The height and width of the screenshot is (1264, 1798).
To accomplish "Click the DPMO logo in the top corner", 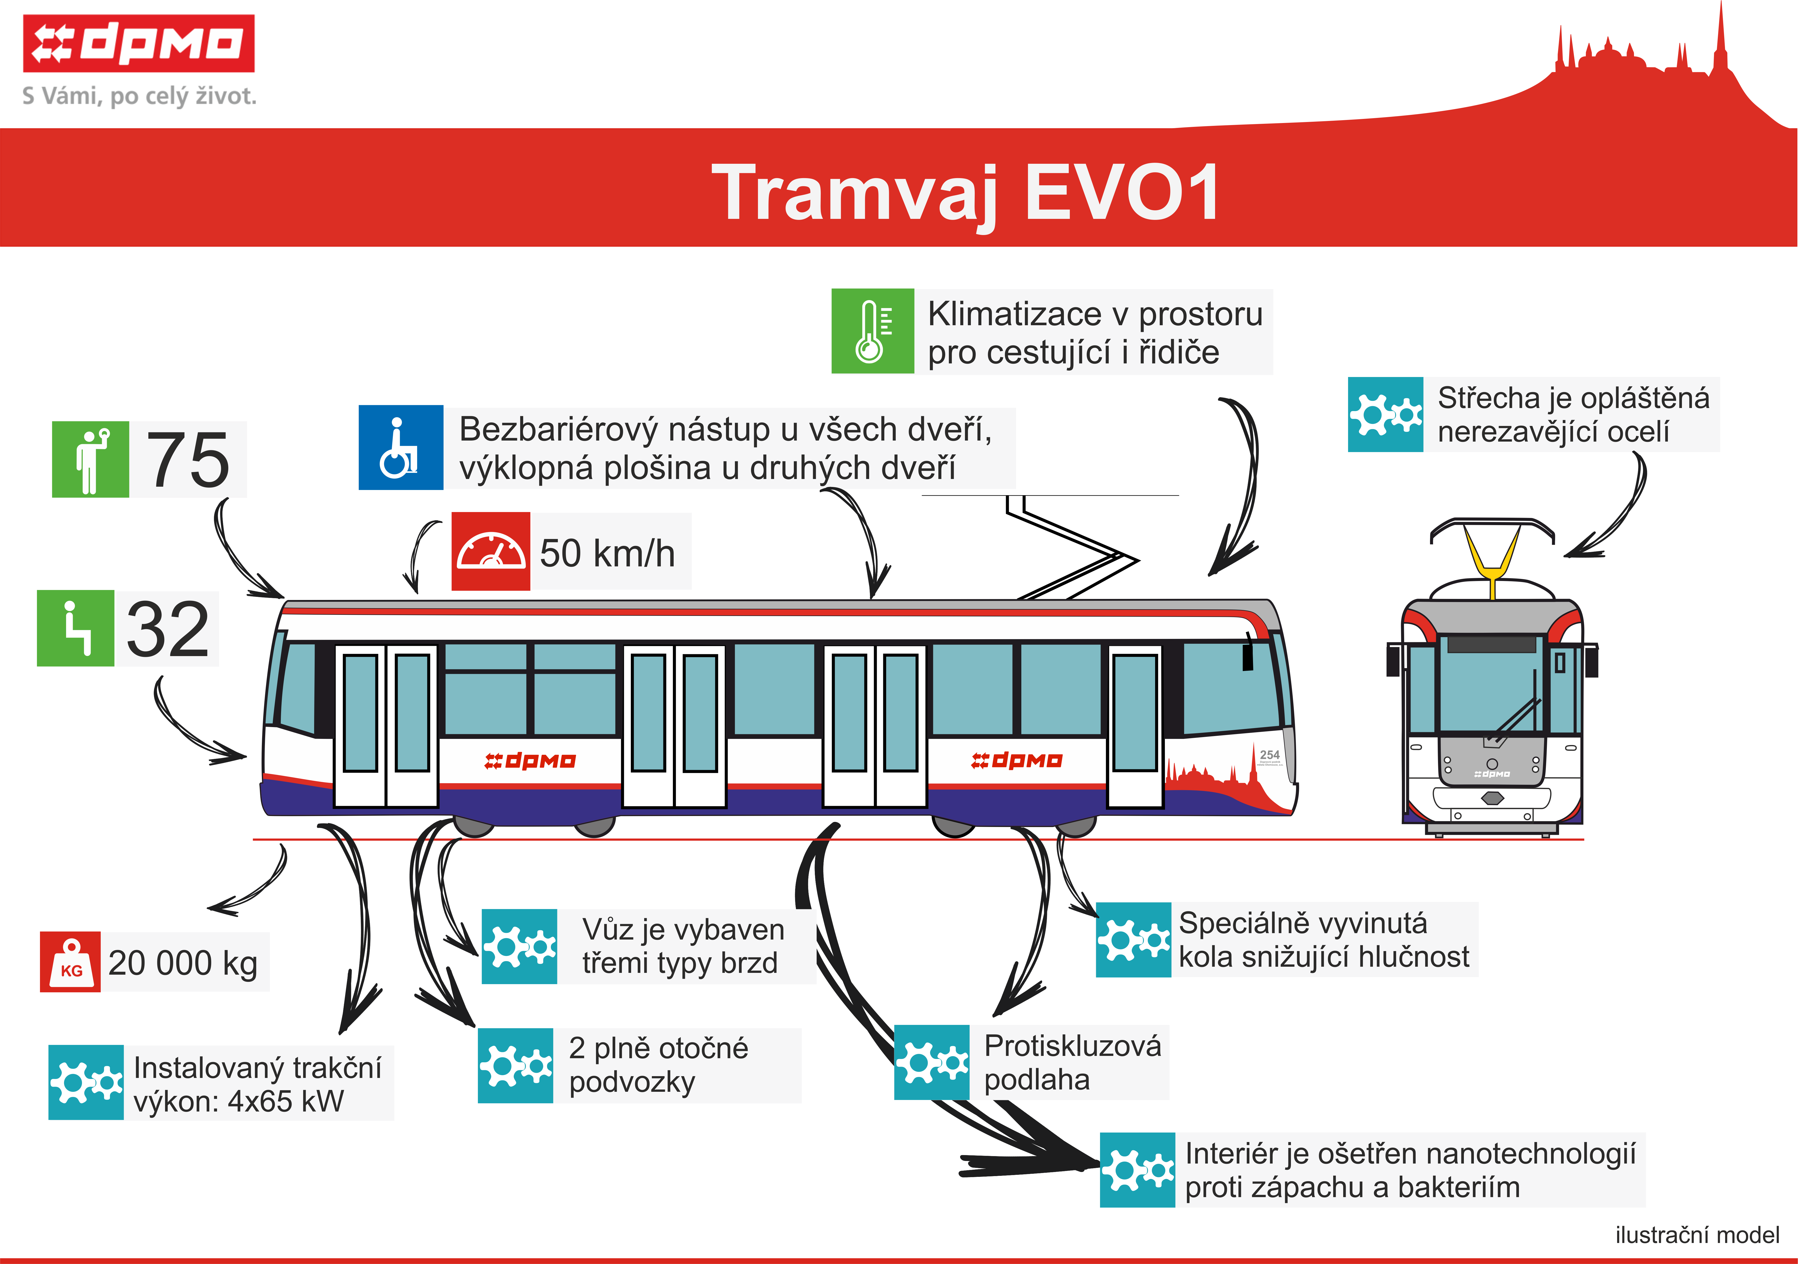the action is point(139,43).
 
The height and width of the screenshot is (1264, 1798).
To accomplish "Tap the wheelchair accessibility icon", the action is point(401,447).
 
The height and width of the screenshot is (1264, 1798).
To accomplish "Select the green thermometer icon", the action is point(872,331).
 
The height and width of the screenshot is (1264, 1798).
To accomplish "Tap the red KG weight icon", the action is point(70,962).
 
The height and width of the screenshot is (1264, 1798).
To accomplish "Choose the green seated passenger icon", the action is point(76,628).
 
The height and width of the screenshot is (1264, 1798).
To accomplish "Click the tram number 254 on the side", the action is point(1269,755).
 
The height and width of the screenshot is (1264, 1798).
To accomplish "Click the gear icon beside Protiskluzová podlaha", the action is point(932,1062).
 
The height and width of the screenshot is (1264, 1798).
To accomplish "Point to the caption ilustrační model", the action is point(1697,1235).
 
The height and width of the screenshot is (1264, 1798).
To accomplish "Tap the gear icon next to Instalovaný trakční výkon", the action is point(86,1082).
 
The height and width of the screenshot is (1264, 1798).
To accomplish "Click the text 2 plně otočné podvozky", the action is point(659,1065).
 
